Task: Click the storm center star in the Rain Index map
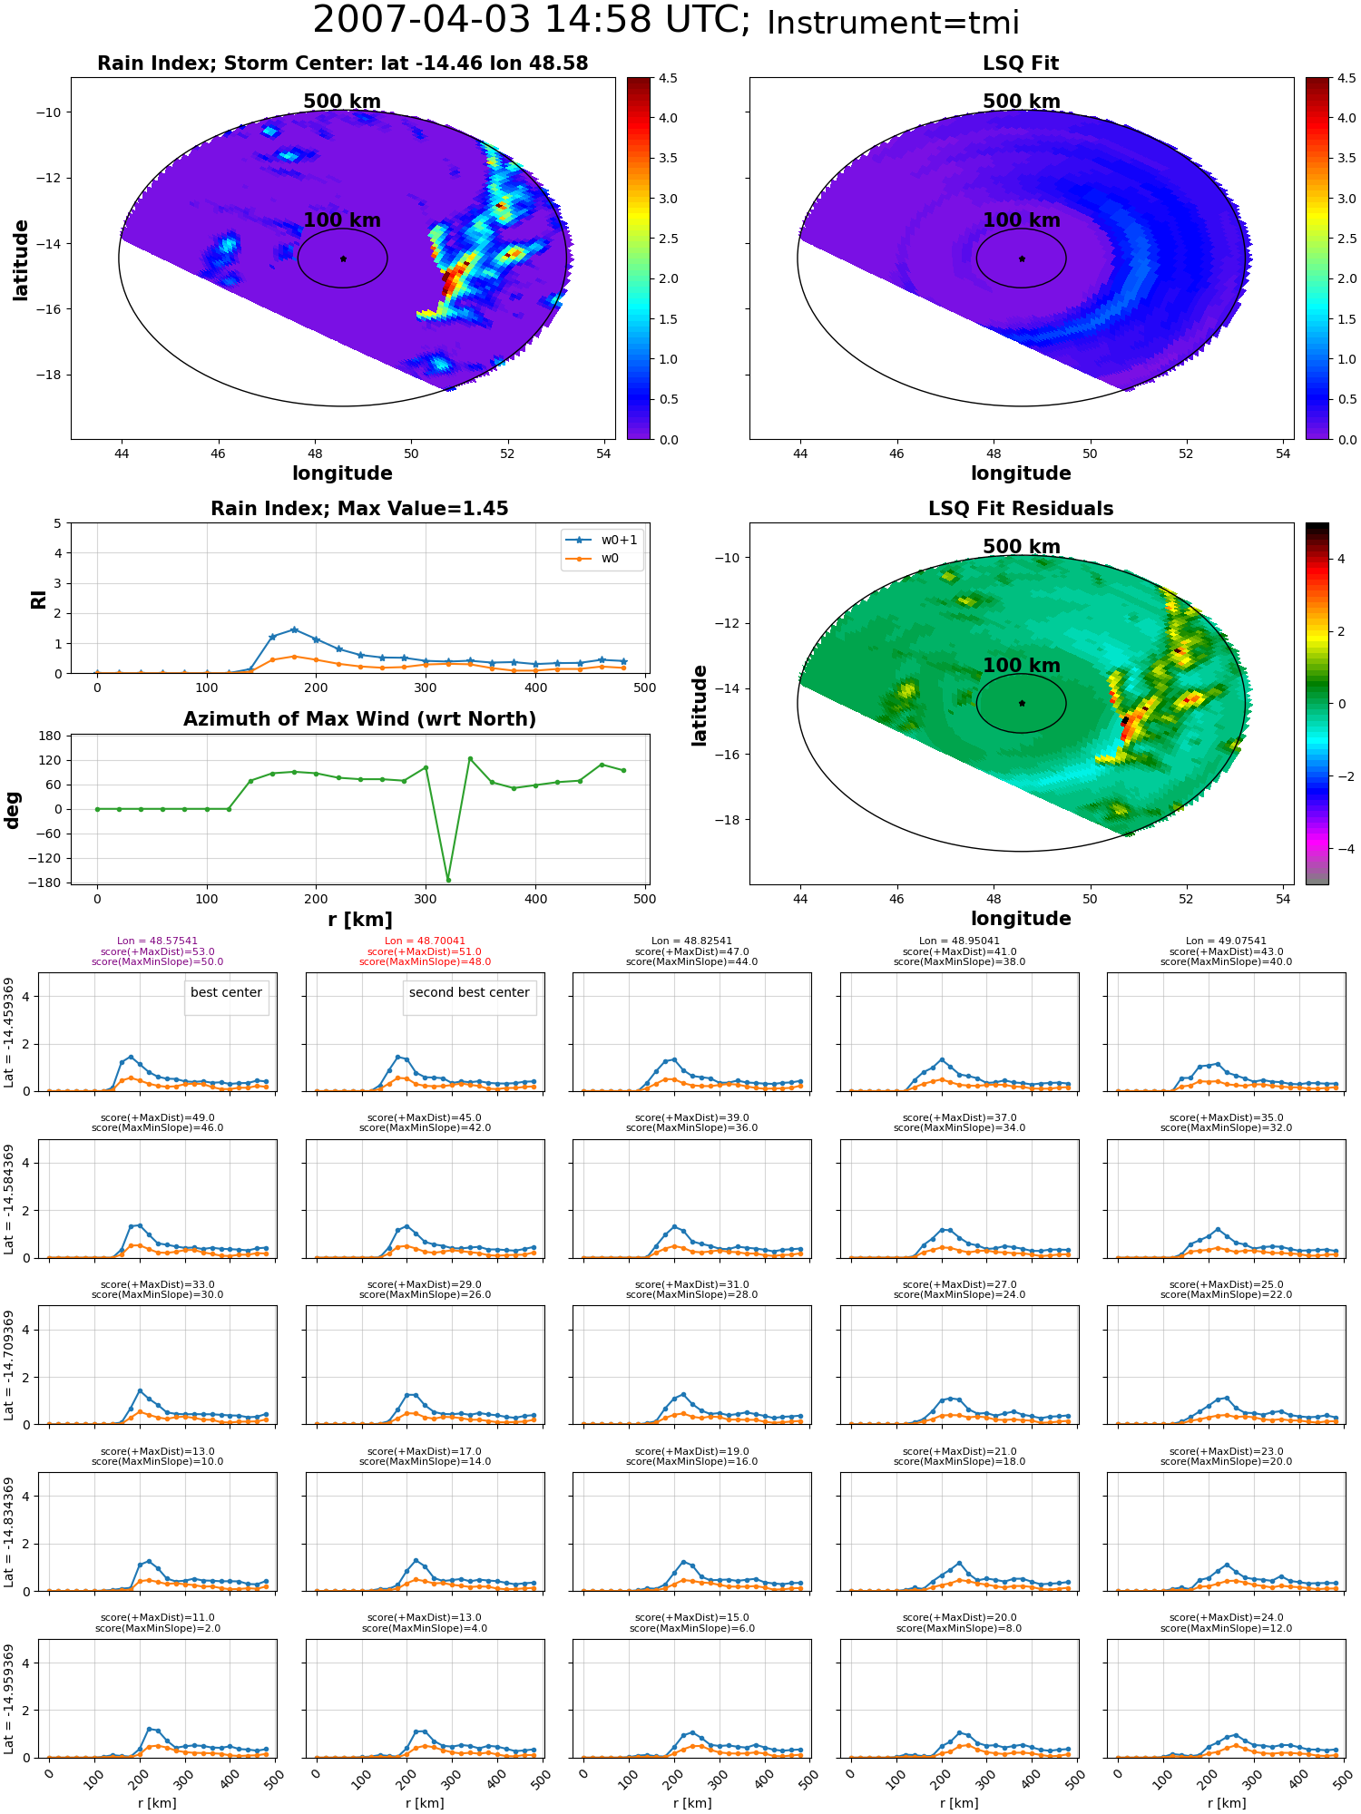pyautogui.click(x=343, y=258)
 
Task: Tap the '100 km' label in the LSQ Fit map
pyautogui.click(x=1022, y=220)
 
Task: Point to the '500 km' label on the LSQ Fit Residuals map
pyautogui.click(x=1022, y=547)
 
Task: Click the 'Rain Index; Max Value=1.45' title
pyautogui.click(x=359, y=509)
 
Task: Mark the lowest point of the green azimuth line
pyautogui.click(x=448, y=880)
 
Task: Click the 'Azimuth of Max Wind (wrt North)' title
pyautogui.click(x=359, y=719)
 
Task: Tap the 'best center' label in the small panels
pyautogui.click(x=226, y=992)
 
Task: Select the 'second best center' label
pyautogui.click(x=469, y=992)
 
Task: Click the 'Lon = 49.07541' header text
pyautogui.click(x=1226, y=941)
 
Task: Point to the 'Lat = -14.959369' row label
pyautogui.click(x=9, y=1699)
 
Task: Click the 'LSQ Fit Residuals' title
pyautogui.click(x=1021, y=509)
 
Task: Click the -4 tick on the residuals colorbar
pyautogui.click(x=1341, y=849)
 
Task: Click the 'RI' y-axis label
pyautogui.click(x=39, y=599)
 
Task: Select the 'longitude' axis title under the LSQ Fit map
pyautogui.click(x=1021, y=473)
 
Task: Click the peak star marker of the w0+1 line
pyautogui.click(x=294, y=629)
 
